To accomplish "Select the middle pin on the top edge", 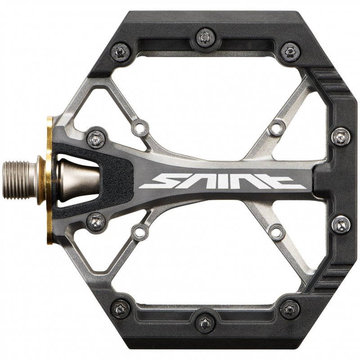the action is (x=205, y=37).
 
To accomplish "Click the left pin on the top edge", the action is (x=120, y=52).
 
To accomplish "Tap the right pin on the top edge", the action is (x=290, y=52).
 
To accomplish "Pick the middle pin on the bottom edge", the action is (x=205, y=323).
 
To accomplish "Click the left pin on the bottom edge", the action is (x=120, y=309).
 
